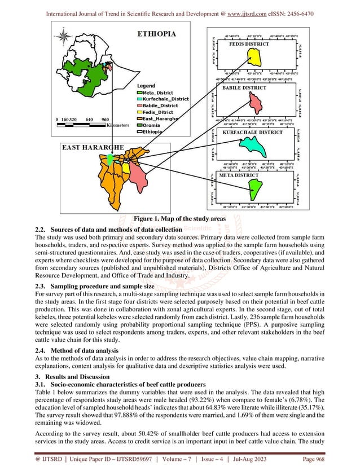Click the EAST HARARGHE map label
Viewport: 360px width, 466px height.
pyautogui.click(x=93, y=148)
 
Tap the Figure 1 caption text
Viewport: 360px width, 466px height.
pyautogui.click(x=180, y=219)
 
